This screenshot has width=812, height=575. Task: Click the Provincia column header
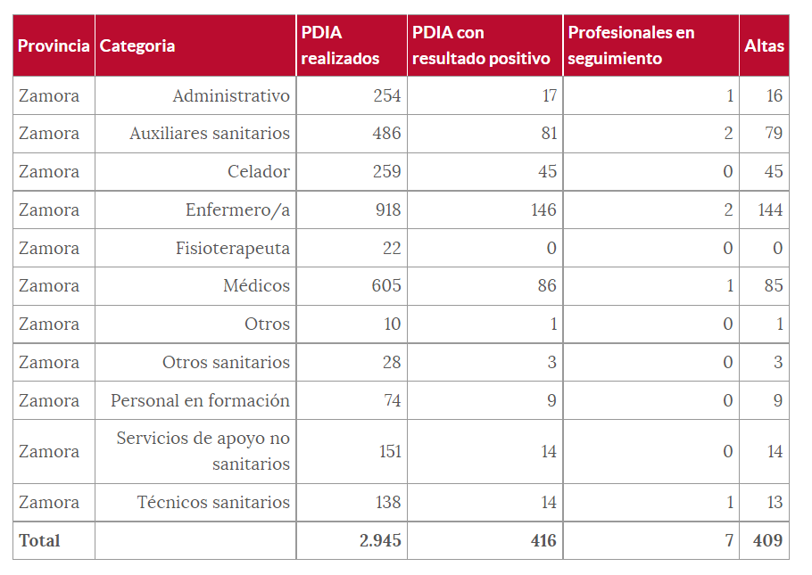[54, 45]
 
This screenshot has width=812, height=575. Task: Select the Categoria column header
[137, 45]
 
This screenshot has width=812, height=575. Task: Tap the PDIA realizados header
[340, 45]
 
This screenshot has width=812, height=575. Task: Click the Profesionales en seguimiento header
[631, 45]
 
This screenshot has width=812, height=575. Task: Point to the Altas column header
[764, 45]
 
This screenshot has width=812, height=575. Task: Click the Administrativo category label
[231, 95]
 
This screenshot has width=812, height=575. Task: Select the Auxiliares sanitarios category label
[210, 134]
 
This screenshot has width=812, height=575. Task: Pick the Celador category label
[259, 172]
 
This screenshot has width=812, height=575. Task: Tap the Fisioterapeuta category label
[233, 249]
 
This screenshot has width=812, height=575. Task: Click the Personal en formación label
[200, 401]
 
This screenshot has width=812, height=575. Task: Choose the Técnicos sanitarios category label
[213, 503]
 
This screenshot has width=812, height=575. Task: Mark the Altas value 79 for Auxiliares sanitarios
[773, 134]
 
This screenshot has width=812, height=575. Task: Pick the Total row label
[39, 541]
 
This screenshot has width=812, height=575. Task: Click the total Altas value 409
[767, 541]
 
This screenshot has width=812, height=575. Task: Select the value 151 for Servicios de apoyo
[390, 452]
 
